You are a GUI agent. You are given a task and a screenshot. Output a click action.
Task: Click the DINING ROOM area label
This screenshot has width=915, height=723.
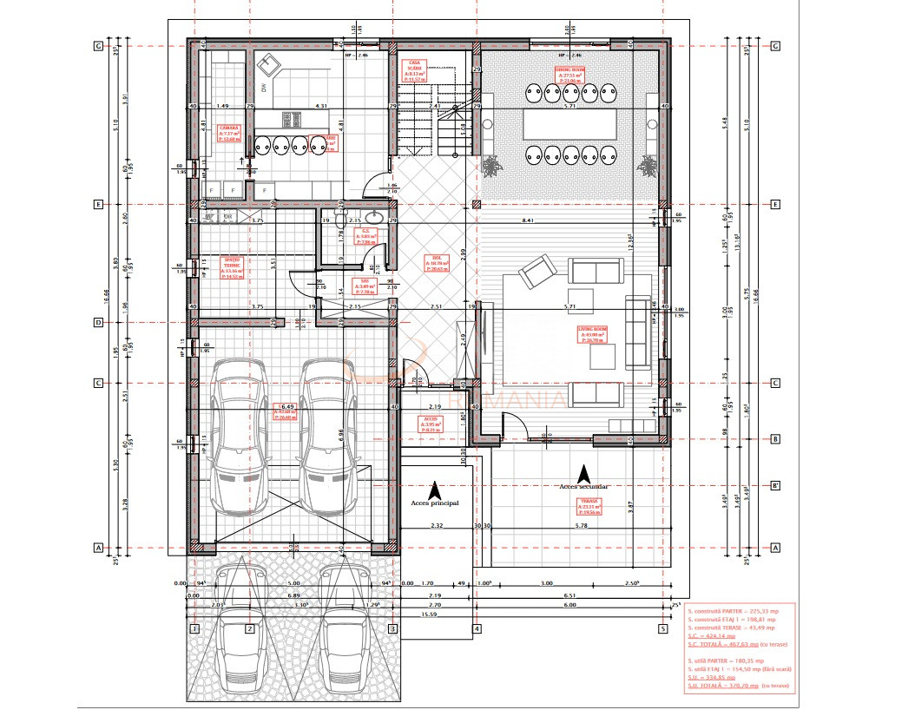pyautogui.click(x=569, y=75)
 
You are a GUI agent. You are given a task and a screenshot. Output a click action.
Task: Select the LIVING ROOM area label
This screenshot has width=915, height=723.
pyautogui.click(x=593, y=334)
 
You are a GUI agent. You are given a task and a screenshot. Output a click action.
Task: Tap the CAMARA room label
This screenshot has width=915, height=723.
pyautogui.click(x=229, y=132)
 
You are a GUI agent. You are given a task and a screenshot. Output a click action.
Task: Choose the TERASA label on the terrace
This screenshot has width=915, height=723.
pyautogui.click(x=591, y=507)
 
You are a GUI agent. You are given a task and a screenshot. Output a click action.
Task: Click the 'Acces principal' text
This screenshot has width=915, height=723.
pyautogui.click(x=434, y=502)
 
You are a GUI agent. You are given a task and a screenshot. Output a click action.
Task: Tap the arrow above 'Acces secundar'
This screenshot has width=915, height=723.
pyautogui.click(x=585, y=474)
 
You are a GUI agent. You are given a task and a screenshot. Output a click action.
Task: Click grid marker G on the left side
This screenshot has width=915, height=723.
pyautogui.click(x=98, y=46)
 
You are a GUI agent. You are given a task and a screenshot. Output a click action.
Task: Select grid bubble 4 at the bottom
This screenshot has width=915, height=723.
pyautogui.click(x=477, y=628)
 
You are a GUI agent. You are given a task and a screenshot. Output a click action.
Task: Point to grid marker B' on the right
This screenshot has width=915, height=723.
pyautogui.click(x=775, y=485)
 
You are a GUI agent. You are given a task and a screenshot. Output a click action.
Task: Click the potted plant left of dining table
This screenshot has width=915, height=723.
pyautogui.click(x=492, y=164)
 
